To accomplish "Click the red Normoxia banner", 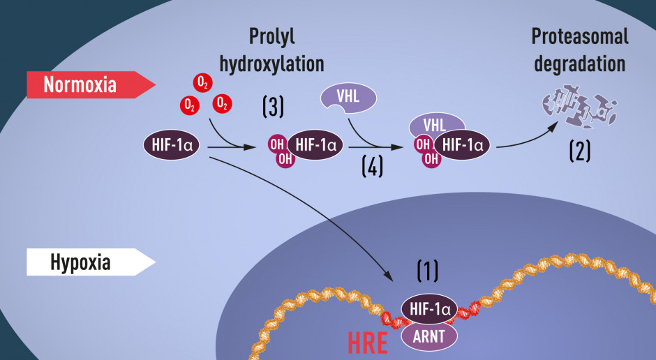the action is (x=91, y=85).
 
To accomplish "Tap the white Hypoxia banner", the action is (x=91, y=262).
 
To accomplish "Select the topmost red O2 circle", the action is (x=202, y=83).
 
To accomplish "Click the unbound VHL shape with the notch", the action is (x=348, y=98).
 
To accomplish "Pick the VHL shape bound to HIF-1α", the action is (x=436, y=124).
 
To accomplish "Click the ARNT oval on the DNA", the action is (x=429, y=336).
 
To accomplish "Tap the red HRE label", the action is (x=368, y=343).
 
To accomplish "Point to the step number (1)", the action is (x=428, y=271).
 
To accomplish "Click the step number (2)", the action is (x=580, y=151).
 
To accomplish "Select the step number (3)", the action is (x=273, y=106).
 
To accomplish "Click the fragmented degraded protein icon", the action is (x=579, y=106).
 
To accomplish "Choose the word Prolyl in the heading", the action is (x=272, y=37).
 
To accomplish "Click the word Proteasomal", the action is (x=580, y=36).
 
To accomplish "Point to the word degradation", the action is (x=580, y=64).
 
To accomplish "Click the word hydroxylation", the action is (x=272, y=64).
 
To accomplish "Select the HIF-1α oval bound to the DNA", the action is (x=429, y=309).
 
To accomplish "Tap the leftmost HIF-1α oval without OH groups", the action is (x=171, y=145).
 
